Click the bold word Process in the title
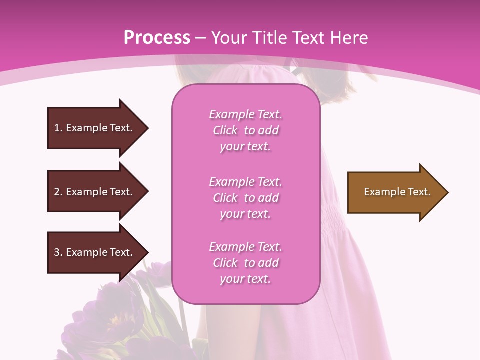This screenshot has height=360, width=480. point(157,38)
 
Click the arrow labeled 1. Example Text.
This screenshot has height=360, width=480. point(95,128)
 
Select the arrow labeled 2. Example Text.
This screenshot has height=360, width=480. point(95,192)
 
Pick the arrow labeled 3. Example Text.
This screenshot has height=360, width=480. point(95,252)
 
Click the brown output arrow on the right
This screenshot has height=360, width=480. point(395,192)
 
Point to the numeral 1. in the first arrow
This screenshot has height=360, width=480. point(58,128)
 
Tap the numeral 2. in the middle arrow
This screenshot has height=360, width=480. point(58,192)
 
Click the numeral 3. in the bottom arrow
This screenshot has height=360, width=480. point(58,252)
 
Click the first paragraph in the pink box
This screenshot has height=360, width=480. point(245,130)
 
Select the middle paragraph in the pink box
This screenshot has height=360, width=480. point(245,198)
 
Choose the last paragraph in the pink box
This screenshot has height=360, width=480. point(245,263)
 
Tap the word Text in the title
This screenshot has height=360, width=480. point(310,38)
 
